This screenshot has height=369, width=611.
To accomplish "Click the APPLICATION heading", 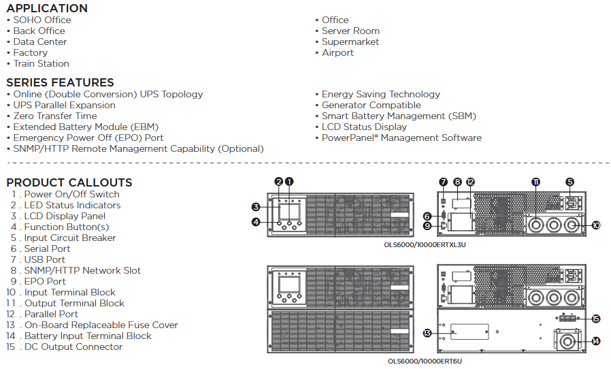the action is pyautogui.click(x=47, y=8).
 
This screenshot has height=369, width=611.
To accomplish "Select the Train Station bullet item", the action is pyautogui.click(x=42, y=63).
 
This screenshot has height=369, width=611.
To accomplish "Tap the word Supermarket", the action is pyautogui.click(x=350, y=42).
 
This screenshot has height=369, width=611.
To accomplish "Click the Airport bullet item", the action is pyautogui.click(x=337, y=52).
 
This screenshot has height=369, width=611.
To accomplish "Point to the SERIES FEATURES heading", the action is pyautogui.click(x=60, y=82).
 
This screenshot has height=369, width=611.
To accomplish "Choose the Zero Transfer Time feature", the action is pyautogui.click(x=55, y=116).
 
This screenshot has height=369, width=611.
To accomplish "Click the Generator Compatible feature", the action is pyautogui.click(x=371, y=105).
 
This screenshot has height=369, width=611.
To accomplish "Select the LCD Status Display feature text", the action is pyautogui.click(x=364, y=127).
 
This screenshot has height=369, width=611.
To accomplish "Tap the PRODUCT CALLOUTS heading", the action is pyautogui.click(x=69, y=182).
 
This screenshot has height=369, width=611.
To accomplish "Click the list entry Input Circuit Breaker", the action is pyautogui.click(x=70, y=238).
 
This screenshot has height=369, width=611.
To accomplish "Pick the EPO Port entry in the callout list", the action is pyautogui.click(x=45, y=281).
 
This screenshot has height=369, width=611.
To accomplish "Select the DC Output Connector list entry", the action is pyautogui.click(x=73, y=347).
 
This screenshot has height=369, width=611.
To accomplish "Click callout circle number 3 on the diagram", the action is pyautogui.click(x=256, y=207).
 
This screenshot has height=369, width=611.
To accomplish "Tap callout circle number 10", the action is pyautogui.click(x=596, y=225).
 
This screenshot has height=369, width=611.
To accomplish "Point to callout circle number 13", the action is pyautogui.click(x=427, y=333).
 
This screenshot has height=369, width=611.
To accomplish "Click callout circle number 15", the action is pyautogui.click(x=596, y=319).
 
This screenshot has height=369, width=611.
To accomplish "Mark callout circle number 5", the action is pyautogui.click(x=569, y=182).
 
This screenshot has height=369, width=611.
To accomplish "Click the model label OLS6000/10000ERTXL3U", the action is pyautogui.click(x=425, y=245).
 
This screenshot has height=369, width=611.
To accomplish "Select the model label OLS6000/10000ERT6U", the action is pyautogui.click(x=425, y=362).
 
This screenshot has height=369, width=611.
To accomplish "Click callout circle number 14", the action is pyautogui.click(x=596, y=341).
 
